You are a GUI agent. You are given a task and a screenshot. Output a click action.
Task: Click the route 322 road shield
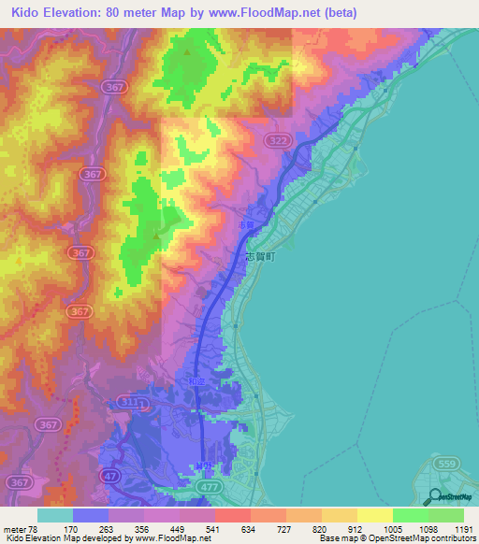(x=302, y=140)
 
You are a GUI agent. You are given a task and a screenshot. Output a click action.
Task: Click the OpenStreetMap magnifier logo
(x=434, y=496)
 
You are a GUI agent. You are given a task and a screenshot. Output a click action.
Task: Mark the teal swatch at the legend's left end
(x=55, y=515)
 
